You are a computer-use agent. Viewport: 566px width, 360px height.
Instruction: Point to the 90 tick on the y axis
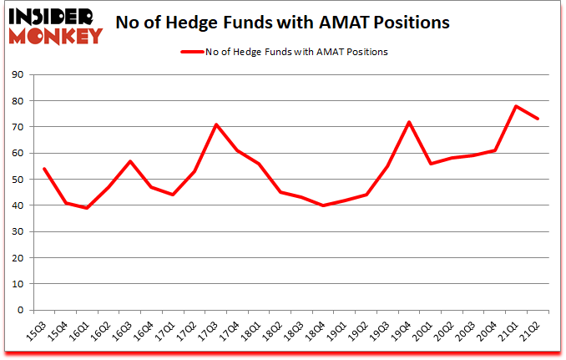point(17,75)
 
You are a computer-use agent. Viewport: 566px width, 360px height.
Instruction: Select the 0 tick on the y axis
point(20,310)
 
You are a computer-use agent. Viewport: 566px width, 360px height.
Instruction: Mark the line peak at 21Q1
point(516,106)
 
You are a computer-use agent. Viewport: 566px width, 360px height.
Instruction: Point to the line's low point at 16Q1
point(88,208)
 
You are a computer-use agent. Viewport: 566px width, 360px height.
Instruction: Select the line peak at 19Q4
point(409,122)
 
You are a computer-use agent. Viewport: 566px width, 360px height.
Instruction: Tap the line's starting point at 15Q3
point(44,169)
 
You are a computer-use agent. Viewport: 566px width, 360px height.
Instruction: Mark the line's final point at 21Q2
point(538,119)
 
